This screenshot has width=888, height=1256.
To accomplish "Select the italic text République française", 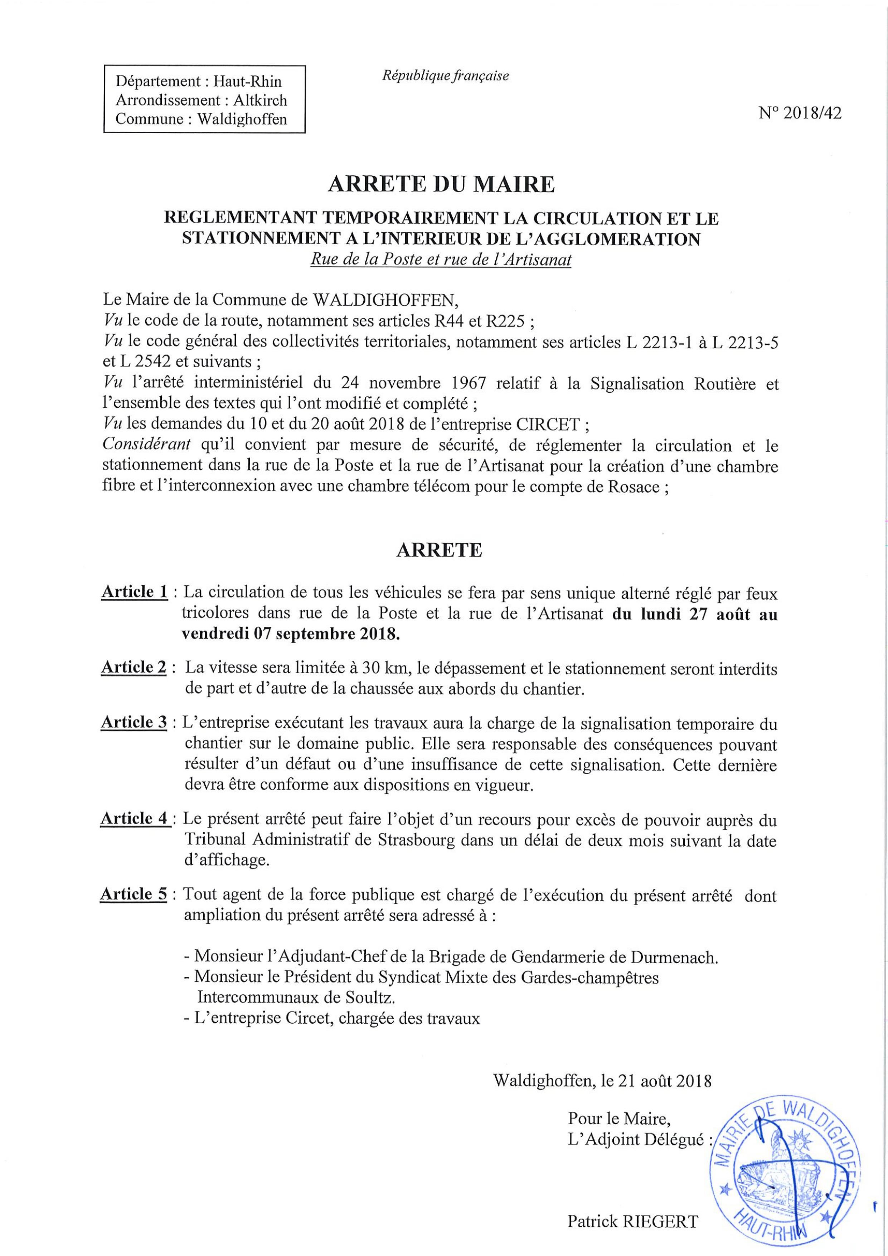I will pyautogui.click(x=445, y=76).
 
